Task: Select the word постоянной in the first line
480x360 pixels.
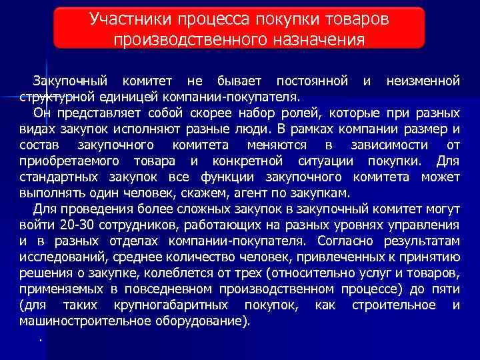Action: click(312, 81)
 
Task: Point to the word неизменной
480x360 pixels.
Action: click(423, 81)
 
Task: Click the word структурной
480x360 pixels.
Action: click(55, 97)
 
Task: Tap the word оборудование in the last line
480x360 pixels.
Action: click(198, 321)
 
